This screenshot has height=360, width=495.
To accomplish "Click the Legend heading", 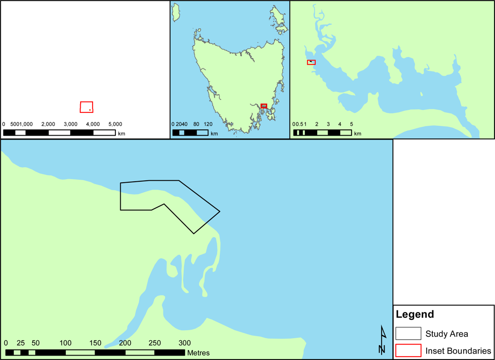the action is pos(414,314).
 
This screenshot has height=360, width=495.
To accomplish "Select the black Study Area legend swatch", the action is pos(408,334).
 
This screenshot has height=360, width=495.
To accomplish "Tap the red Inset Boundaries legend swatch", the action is pos(408,350).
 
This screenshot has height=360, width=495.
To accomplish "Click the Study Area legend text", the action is pos(447,334).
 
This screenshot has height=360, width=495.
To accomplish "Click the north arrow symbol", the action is pos(382,340).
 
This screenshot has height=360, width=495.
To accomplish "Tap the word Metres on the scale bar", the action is pos(198,353).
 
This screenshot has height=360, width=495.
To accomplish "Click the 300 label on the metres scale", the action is pos(185,343).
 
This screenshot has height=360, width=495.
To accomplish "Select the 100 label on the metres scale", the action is pos(65,343).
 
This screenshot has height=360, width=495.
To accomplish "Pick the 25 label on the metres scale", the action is pos(20,343).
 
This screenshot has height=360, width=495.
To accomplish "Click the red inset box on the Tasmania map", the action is pos(264,106).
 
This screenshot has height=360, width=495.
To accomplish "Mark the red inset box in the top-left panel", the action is pos(87,107).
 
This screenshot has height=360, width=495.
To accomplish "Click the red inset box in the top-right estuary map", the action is pos(311,62).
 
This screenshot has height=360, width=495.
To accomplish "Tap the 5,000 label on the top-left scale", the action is pos(114,124).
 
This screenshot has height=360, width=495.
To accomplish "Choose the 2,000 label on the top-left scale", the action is pos(48,124).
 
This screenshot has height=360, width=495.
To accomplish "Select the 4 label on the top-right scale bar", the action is pos(340,124).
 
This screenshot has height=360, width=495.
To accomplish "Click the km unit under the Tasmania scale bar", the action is pos(214,134).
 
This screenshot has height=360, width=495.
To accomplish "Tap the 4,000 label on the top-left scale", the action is pos(93,124).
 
